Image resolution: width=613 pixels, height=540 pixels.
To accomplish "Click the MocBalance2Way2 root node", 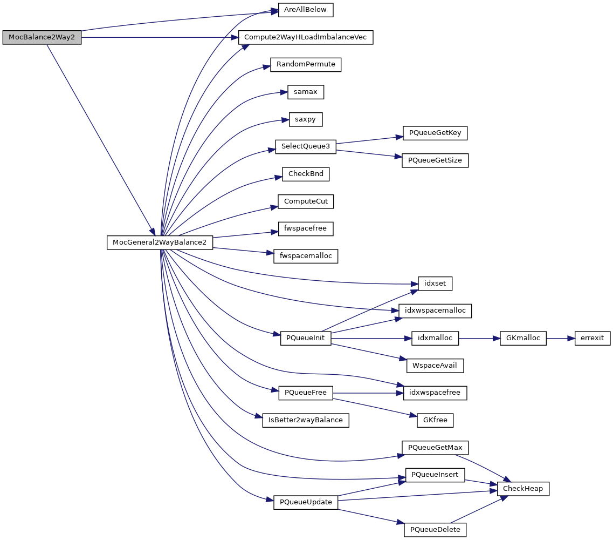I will [x=42, y=37].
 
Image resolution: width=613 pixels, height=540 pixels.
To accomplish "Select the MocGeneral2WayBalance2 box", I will [x=160, y=242].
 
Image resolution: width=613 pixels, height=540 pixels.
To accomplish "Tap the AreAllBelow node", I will [x=306, y=10].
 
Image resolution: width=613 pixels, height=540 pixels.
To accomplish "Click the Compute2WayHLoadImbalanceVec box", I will [x=306, y=37].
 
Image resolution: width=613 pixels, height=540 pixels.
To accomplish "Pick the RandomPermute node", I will [x=306, y=64].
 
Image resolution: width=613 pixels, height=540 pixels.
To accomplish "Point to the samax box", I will [x=306, y=92].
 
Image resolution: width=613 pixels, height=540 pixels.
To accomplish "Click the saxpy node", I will [x=306, y=119].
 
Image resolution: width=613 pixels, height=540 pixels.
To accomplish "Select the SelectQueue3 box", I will [x=306, y=146].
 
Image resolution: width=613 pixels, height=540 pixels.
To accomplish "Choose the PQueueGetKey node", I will [x=435, y=133].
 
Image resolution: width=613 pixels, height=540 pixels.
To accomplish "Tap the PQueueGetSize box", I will [x=435, y=160].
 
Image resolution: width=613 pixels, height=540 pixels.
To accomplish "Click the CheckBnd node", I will [x=306, y=174].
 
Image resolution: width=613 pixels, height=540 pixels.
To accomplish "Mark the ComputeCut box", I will [x=306, y=201].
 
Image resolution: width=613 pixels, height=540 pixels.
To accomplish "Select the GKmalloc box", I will [x=524, y=339].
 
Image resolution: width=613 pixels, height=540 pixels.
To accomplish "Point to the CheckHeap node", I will [x=522, y=489].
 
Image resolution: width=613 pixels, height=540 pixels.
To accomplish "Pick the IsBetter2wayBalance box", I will [x=306, y=420].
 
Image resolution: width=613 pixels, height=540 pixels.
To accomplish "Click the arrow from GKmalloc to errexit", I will [x=561, y=339].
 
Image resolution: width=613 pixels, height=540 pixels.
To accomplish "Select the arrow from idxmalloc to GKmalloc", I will [x=479, y=339].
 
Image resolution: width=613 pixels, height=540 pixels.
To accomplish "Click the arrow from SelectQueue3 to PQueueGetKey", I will [x=369, y=140].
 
